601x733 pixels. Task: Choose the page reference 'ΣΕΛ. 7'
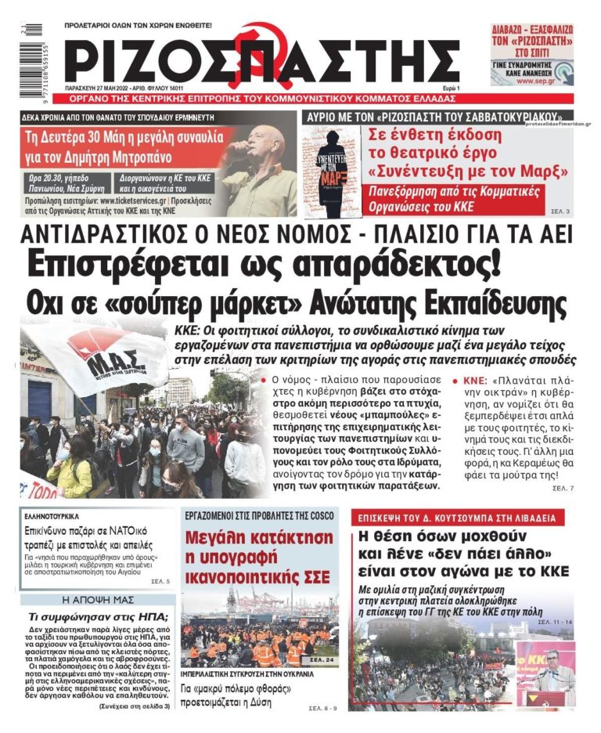point(563,488)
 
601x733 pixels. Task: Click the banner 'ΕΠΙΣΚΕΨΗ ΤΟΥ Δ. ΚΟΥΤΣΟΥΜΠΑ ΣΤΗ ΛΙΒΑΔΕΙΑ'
point(457,518)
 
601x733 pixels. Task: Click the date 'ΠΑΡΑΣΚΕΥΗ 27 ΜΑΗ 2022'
point(106,88)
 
